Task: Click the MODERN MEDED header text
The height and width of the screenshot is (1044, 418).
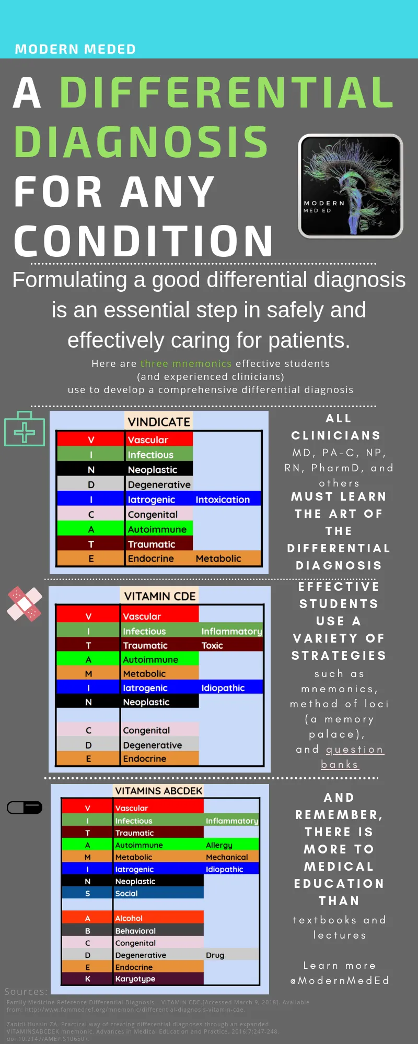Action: click(75, 49)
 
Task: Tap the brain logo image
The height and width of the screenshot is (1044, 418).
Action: click(350, 186)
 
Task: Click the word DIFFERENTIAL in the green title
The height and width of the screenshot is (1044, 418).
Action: click(226, 93)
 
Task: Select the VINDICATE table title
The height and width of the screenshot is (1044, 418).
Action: click(159, 422)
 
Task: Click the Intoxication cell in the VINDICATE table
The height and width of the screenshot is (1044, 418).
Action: click(223, 500)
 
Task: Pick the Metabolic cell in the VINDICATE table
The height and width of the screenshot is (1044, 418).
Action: click(218, 559)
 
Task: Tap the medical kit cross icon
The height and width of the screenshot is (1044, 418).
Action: click(25, 429)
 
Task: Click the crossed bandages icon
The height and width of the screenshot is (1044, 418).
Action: click(25, 604)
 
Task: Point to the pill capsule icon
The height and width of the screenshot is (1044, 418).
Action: click(25, 808)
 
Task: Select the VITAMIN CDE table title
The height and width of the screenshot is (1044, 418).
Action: click(160, 596)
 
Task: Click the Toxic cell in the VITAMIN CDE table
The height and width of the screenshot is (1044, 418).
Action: click(212, 646)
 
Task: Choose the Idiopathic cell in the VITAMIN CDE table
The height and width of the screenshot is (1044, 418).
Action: click(223, 688)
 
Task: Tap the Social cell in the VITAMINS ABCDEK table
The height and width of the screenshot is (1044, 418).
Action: click(126, 893)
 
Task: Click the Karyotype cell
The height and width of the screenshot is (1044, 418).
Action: click(135, 979)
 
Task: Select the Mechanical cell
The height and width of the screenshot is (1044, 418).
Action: click(227, 857)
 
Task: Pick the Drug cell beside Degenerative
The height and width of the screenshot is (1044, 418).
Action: click(215, 955)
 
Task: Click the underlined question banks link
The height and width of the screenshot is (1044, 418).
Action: click(354, 757)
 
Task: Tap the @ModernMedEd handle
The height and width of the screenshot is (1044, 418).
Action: click(340, 980)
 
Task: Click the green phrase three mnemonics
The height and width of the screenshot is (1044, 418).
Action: click(186, 363)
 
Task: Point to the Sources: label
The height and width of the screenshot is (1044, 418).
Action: click(26, 991)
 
